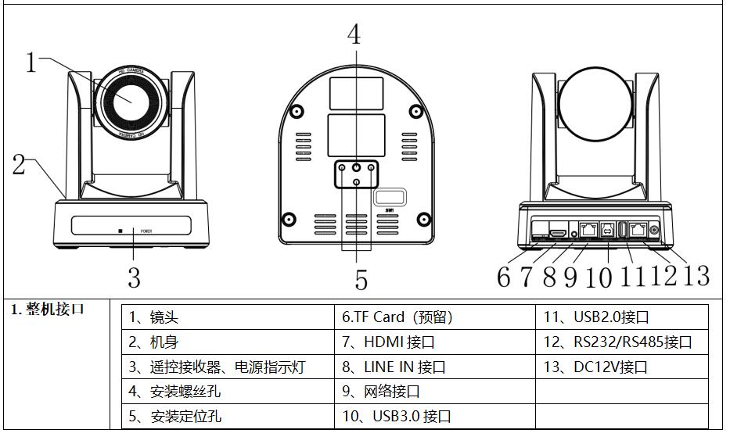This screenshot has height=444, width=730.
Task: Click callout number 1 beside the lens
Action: (31, 62)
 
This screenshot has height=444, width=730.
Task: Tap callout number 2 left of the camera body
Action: (18, 164)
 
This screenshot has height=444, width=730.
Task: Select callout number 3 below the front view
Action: (134, 277)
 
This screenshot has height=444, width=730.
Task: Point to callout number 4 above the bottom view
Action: (354, 34)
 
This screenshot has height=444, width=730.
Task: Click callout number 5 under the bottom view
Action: (361, 279)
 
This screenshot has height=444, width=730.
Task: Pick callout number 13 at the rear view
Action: (695, 275)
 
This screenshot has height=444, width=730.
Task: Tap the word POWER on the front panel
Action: (146, 231)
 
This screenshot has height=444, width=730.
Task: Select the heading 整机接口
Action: (47, 309)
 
